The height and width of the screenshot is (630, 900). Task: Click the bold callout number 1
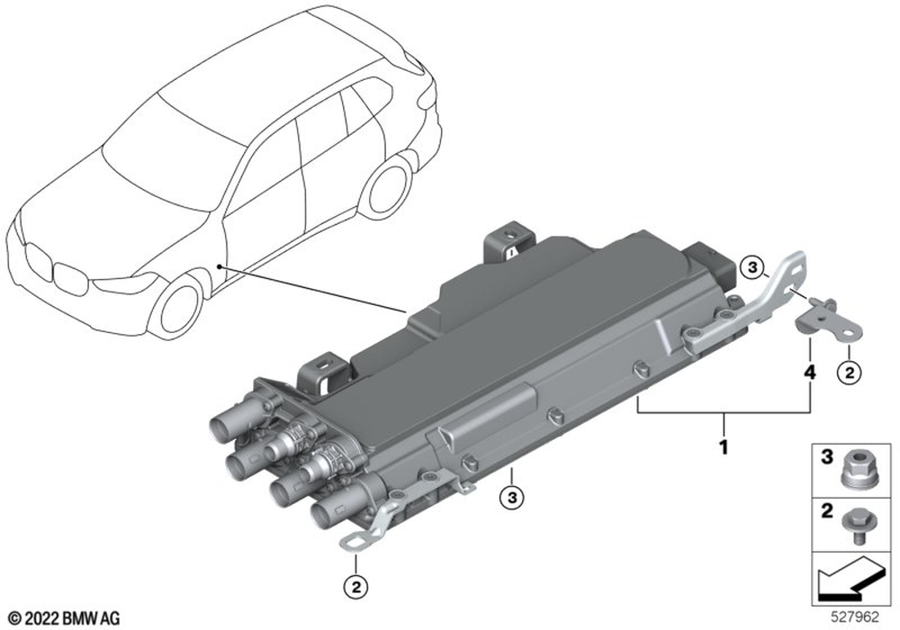[x=724, y=446]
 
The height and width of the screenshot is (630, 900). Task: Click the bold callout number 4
[x=809, y=373]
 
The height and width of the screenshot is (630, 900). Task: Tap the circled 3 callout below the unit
[x=512, y=498]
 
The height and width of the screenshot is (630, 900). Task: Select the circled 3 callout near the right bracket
[x=751, y=266]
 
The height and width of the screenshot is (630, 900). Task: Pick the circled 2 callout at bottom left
[x=355, y=587]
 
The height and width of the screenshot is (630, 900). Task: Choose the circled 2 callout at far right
[x=850, y=373]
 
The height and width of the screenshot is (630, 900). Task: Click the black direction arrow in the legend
[x=849, y=580]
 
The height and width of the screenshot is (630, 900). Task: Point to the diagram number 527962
[x=855, y=616]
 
